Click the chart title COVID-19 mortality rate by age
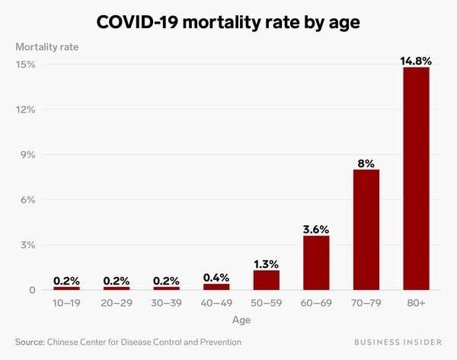tap(228, 23)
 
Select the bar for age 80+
tap(416, 178)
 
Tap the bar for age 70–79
tap(366, 229)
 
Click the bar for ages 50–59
tap(267, 279)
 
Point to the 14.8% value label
tap(416, 59)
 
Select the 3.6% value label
tap(316, 228)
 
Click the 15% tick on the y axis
tap(26, 64)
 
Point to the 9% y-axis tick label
tap(27, 155)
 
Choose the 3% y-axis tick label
tap(27, 245)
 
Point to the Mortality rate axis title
tap(47, 46)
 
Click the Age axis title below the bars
tap(241, 320)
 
